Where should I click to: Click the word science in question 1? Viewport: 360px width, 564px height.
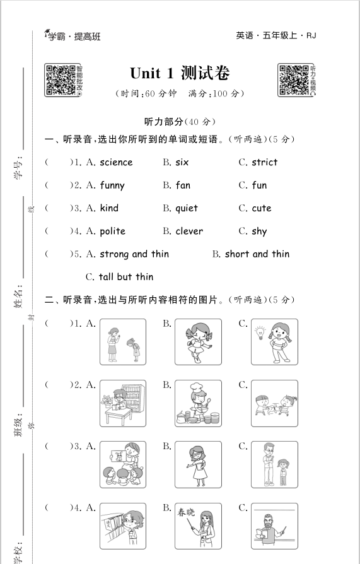(116, 162)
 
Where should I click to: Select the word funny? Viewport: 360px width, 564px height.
(112, 185)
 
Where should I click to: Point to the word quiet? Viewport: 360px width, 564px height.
(187, 208)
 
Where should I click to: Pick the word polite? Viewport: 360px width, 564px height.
(112, 232)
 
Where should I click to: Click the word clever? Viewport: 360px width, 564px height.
(189, 232)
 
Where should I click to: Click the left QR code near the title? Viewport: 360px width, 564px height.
(61, 80)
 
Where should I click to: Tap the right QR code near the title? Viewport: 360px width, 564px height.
(293, 80)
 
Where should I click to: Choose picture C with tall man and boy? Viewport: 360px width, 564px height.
(274, 464)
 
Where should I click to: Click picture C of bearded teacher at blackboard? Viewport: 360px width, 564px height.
(274, 526)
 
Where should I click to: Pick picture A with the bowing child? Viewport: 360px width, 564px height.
(122, 342)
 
